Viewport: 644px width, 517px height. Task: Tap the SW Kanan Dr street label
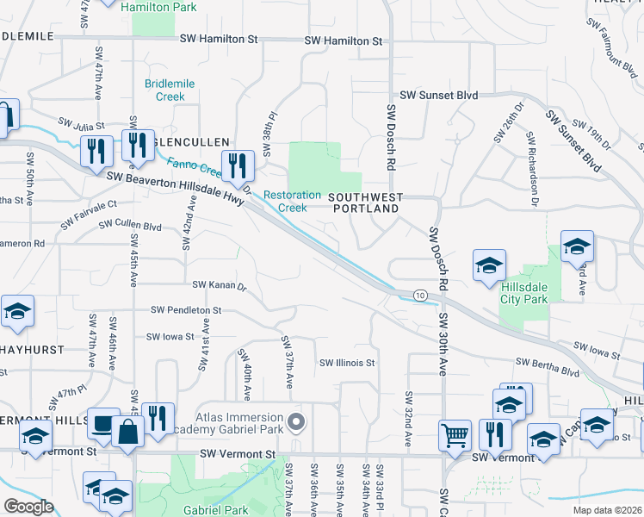tap(219, 284)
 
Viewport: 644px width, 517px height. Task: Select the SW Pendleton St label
tap(186, 309)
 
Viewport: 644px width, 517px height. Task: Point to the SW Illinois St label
tap(347, 364)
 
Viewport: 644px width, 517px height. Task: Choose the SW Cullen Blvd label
tap(130, 225)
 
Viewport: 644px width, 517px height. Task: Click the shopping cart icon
tap(455, 434)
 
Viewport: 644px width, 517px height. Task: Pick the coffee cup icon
tap(103, 424)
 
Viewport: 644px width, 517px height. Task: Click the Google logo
tap(28, 506)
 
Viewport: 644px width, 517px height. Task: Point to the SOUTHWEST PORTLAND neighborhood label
tap(365, 203)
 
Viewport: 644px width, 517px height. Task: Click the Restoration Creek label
tap(292, 202)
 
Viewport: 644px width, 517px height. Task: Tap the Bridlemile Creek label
tap(170, 90)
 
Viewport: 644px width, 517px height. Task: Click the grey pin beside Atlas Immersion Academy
tap(297, 422)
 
